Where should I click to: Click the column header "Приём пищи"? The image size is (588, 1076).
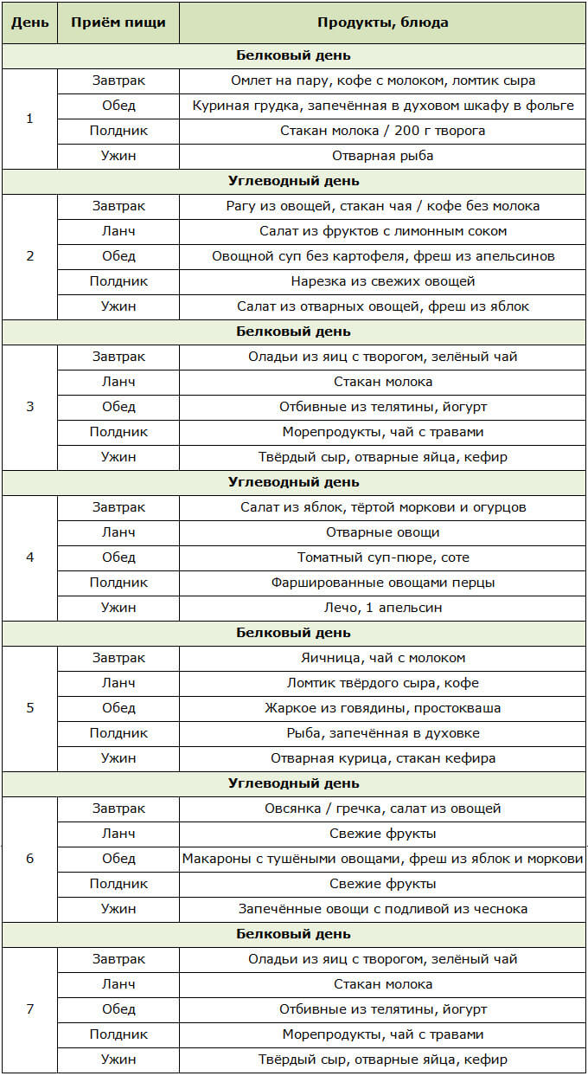[x=118, y=23]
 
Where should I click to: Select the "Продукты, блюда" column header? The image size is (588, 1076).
[x=382, y=23]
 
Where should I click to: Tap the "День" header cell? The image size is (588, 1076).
[x=29, y=23]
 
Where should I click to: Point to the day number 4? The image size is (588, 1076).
[x=29, y=557]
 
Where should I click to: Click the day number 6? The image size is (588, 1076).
[x=29, y=858]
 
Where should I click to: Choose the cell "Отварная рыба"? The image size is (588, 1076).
[x=382, y=156]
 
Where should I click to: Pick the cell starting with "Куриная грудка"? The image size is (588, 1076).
[x=382, y=106]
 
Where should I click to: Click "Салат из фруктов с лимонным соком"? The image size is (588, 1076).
[x=382, y=231]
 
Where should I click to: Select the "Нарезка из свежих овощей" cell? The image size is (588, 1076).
[x=382, y=281]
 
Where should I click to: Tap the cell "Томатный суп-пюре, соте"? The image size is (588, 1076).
[x=382, y=557]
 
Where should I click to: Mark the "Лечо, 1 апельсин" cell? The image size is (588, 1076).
[x=382, y=608]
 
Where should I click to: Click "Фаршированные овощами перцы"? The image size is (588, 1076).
[x=382, y=583]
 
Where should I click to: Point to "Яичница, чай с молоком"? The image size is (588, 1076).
[x=382, y=658]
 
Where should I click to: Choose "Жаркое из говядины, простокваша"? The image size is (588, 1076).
[x=382, y=708]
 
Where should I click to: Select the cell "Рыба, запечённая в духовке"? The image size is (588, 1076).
[x=382, y=733]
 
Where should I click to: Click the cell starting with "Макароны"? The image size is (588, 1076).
[x=382, y=859]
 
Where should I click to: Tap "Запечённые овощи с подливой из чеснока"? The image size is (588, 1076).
[x=382, y=909]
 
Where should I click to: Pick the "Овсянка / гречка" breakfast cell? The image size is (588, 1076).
[x=382, y=809]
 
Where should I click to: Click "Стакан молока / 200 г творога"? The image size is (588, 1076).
[x=382, y=131]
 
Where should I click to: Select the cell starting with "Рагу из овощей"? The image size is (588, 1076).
[x=382, y=206]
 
